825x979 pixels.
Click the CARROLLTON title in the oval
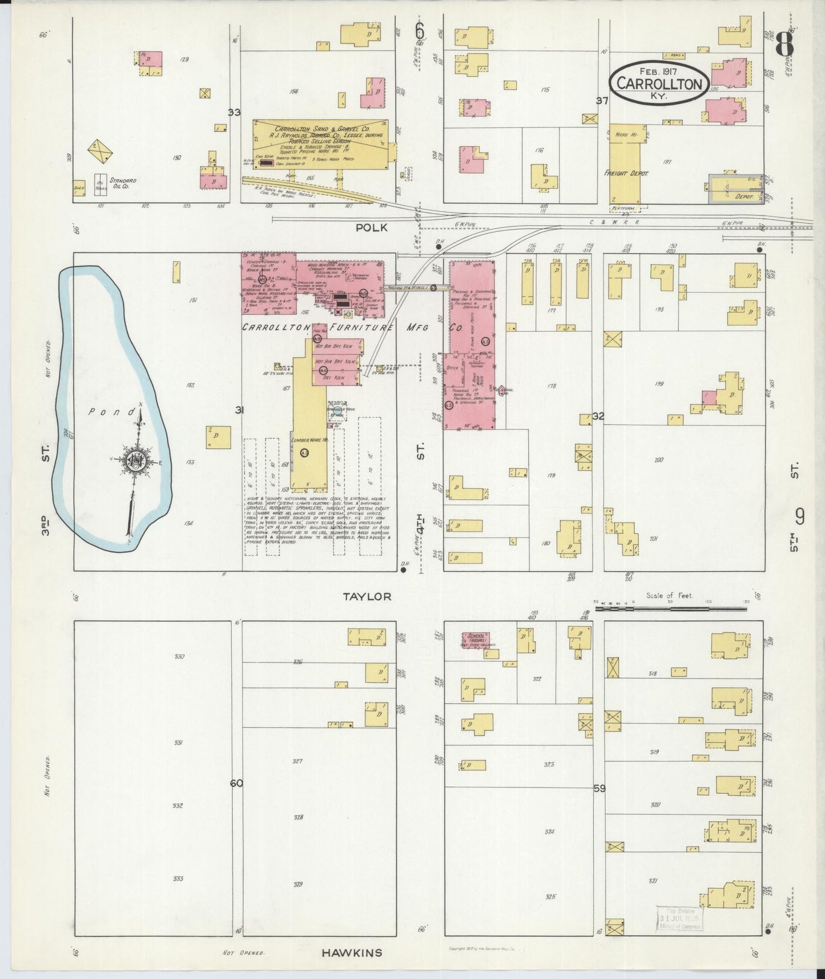coord(659,84)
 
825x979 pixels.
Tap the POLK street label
coord(371,227)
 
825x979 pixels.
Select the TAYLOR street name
coord(367,596)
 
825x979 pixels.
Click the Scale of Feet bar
coord(670,609)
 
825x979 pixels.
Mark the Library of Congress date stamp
coord(680,919)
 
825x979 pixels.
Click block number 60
coord(236,783)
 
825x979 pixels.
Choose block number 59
coord(599,788)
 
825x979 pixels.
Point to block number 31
coord(239,410)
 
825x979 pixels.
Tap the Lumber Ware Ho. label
coord(309,441)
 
